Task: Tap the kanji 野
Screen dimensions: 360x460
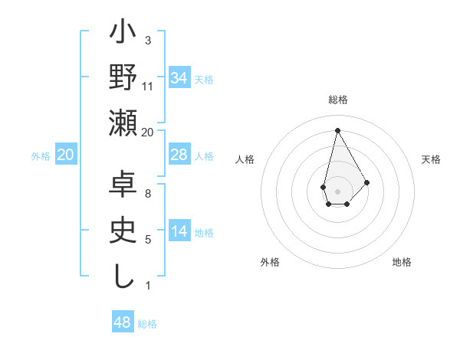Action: [123, 80]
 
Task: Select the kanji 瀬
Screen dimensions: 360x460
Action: [123, 124]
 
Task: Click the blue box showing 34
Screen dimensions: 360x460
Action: [179, 77]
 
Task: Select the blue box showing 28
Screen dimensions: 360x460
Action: [179, 155]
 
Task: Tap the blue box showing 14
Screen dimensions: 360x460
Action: [179, 232]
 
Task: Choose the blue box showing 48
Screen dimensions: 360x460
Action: [123, 322]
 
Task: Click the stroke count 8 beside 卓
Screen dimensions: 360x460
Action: [148, 193]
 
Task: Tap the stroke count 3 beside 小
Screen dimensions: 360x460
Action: [148, 41]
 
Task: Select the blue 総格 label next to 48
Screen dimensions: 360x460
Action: [147, 324]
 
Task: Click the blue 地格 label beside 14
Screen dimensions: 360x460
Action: [204, 233]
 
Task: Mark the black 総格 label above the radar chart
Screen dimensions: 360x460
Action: [337, 100]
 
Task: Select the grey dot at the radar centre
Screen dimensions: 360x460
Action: [337, 190]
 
